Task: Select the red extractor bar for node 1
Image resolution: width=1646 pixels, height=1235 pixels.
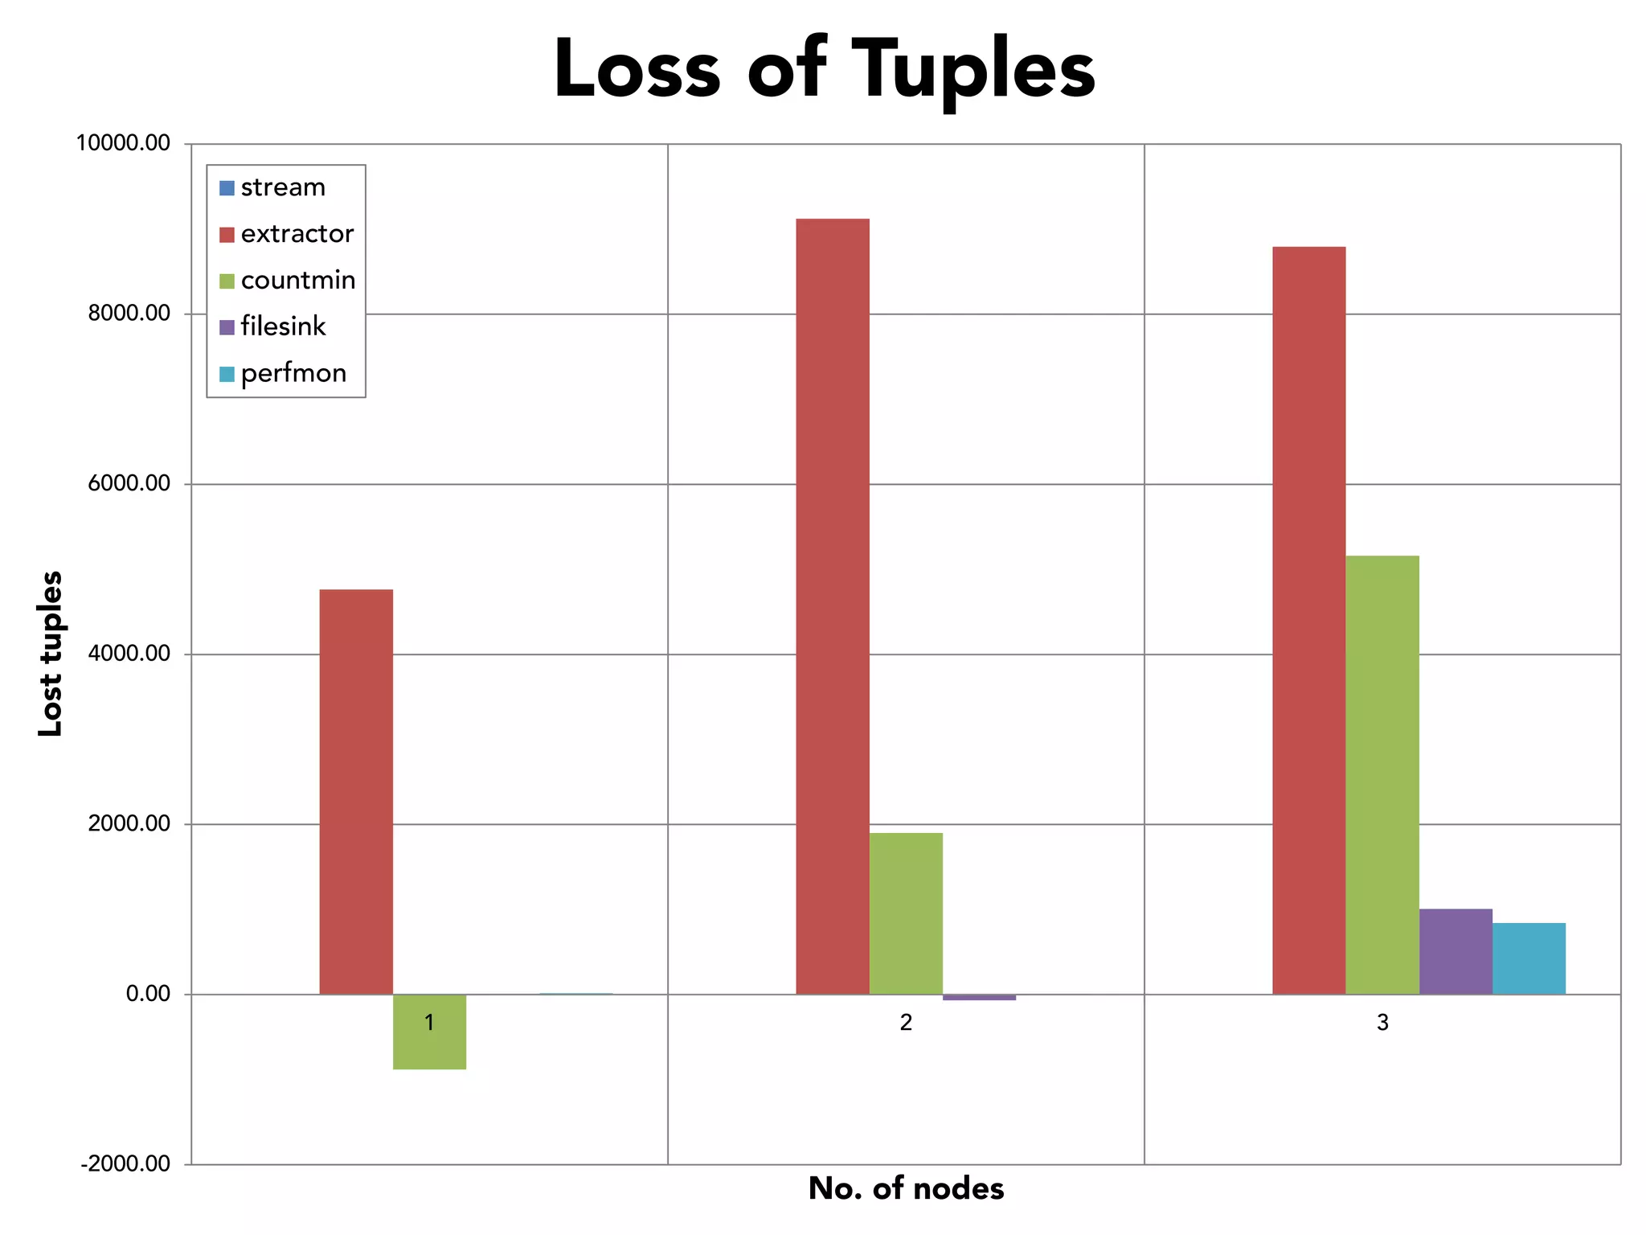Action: tap(356, 792)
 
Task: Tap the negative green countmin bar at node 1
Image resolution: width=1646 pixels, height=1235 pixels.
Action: tap(429, 1045)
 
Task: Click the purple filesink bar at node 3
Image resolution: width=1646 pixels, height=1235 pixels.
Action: tap(1456, 952)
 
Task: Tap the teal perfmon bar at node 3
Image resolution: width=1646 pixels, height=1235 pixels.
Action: tap(1529, 958)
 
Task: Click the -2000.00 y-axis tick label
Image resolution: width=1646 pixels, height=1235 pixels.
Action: tap(125, 1163)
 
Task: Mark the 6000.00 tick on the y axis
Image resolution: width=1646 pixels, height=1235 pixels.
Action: tap(129, 483)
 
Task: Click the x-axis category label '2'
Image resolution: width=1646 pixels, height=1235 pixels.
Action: tap(906, 1023)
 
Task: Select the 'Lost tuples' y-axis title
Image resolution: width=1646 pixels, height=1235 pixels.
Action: tap(50, 653)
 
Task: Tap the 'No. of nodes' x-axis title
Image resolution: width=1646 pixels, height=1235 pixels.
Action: tap(906, 1188)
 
